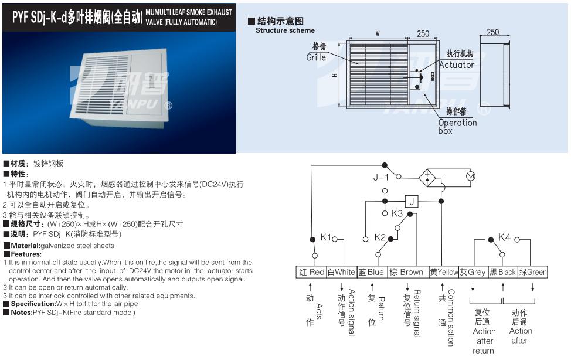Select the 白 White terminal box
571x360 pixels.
click(x=341, y=272)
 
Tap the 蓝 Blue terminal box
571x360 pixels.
click(x=372, y=272)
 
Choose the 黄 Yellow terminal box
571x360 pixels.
click(x=443, y=272)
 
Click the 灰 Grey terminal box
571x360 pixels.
click(x=473, y=272)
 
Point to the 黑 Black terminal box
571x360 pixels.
click(x=503, y=272)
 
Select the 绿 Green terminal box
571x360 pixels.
click(x=533, y=272)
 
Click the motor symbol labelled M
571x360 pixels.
click(x=469, y=176)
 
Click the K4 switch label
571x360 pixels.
click(x=504, y=237)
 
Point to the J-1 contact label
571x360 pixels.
click(x=381, y=176)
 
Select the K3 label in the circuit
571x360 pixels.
click(x=397, y=213)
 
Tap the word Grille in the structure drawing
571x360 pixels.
click(x=316, y=57)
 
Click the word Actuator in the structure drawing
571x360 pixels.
click(x=456, y=65)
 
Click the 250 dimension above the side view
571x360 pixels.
click(x=493, y=32)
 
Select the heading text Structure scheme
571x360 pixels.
click(x=285, y=30)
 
